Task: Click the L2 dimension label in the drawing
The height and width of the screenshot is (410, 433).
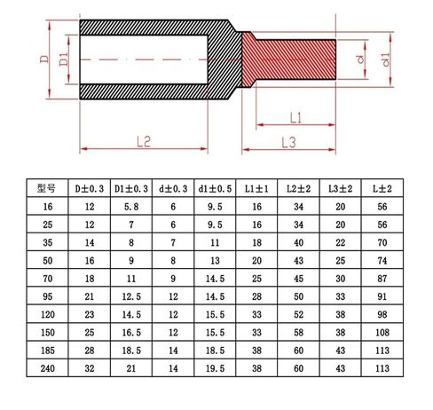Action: pyautogui.click(x=144, y=142)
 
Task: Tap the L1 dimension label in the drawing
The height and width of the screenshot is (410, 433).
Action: pyautogui.click(x=295, y=118)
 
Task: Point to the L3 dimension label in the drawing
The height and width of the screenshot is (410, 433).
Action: pyautogui.click(x=288, y=143)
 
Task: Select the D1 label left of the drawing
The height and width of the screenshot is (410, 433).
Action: pyautogui.click(x=64, y=59)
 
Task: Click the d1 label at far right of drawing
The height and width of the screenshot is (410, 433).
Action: pyautogui.click(x=385, y=59)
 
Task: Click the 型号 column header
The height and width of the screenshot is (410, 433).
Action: pyautogui.click(x=46, y=188)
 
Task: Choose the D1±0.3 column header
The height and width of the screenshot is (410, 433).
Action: pyautogui.click(x=131, y=189)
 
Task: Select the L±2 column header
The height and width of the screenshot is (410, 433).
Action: pyautogui.click(x=382, y=189)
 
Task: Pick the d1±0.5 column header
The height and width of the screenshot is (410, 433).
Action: pyautogui.click(x=215, y=189)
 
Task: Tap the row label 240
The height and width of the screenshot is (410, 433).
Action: pyautogui.click(x=48, y=368)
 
